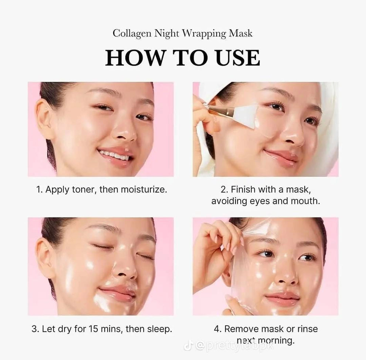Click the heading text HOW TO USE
[182, 58]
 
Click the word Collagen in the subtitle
[131, 33]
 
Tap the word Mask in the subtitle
[240, 33]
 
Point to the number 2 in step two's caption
[223, 190]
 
